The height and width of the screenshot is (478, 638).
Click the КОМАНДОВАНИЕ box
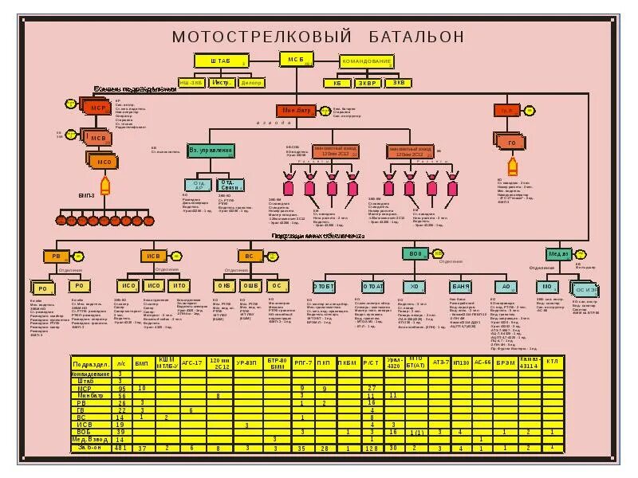pos(367,61)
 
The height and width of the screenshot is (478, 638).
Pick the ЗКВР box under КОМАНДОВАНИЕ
pos(368,82)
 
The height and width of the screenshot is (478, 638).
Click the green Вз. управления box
pos(211,151)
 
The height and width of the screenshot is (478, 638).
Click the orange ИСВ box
pos(154,256)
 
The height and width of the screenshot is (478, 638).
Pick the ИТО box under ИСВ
pos(179,286)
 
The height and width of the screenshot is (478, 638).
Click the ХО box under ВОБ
pos(413,286)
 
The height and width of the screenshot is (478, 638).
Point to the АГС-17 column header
pos(193,362)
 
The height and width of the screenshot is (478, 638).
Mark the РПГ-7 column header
pos(303,362)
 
